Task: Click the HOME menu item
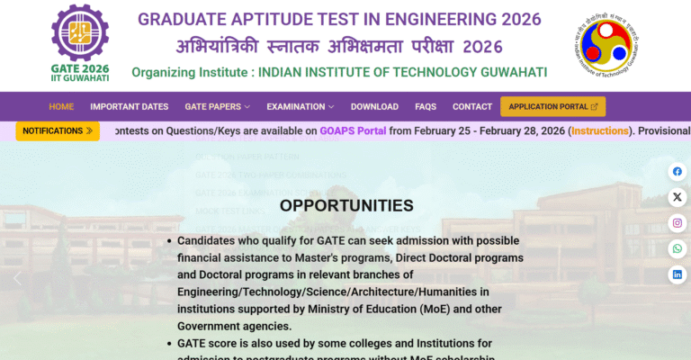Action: point(61,106)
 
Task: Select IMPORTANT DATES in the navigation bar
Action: point(129,106)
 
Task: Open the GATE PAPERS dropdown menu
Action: point(217,106)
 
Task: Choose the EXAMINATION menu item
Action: point(300,106)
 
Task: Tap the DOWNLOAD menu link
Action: point(374,106)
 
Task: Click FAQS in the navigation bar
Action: point(426,106)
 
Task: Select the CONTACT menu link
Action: point(472,106)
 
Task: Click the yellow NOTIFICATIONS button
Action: point(58,130)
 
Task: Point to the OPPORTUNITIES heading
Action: point(346,205)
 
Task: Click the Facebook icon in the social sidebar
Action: point(677,171)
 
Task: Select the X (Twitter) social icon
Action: point(677,197)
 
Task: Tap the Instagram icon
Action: point(677,223)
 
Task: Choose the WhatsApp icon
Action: point(677,248)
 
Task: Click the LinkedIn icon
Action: point(677,274)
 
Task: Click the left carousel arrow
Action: point(17,278)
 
